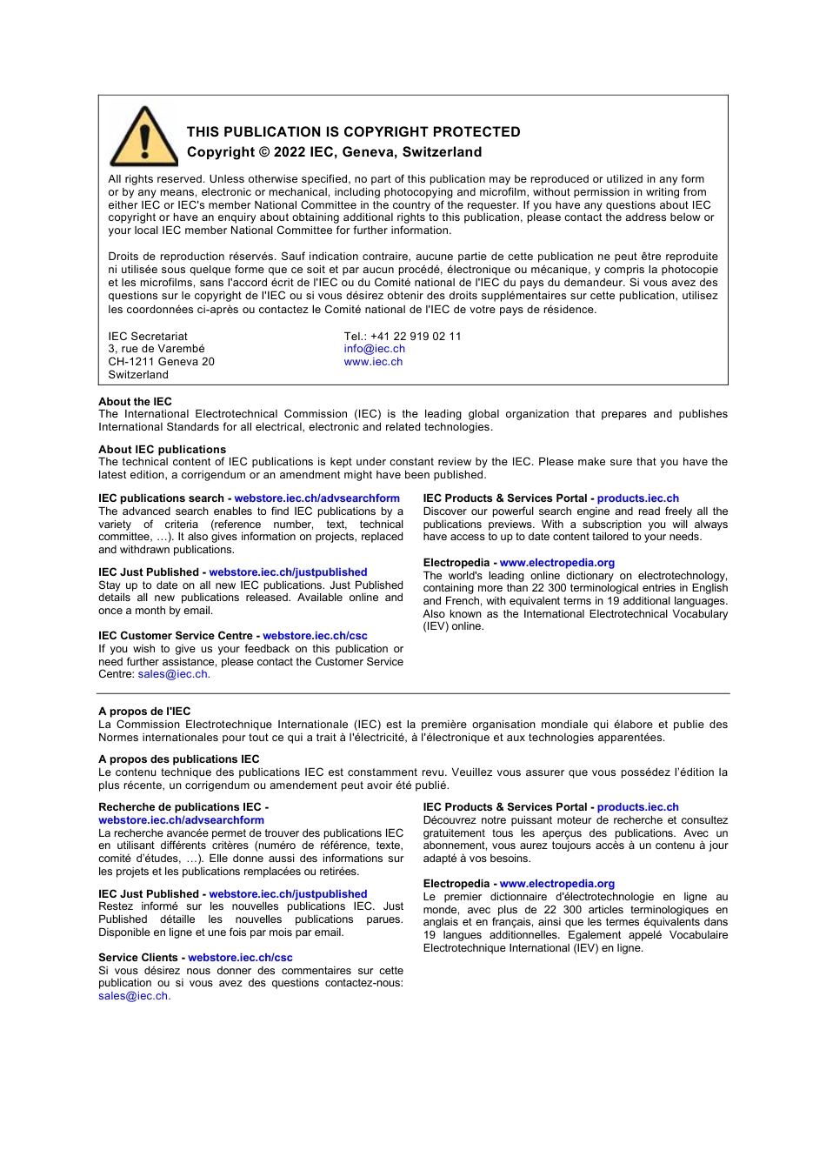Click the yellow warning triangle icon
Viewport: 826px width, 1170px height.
click(x=144, y=138)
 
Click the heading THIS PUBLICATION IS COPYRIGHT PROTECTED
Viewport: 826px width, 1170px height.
click(x=353, y=132)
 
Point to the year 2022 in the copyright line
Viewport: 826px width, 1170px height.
click(x=289, y=152)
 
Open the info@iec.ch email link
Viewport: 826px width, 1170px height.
click(x=374, y=349)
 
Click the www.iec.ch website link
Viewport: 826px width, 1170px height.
click(x=373, y=362)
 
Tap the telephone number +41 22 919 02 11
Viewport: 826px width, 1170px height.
click(x=416, y=337)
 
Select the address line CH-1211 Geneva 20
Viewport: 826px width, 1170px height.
click(x=161, y=362)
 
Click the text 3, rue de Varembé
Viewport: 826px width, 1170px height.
click(x=157, y=349)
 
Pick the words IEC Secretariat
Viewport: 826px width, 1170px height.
click(x=148, y=337)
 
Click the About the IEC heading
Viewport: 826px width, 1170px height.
click(x=135, y=402)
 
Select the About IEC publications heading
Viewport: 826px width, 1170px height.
click(x=162, y=450)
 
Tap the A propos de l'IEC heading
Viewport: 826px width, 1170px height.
click(x=144, y=712)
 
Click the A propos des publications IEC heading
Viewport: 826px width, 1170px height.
click(x=178, y=759)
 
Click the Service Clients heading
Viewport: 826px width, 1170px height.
click(x=138, y=958)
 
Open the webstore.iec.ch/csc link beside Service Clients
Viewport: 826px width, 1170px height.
click(x=240, y=958)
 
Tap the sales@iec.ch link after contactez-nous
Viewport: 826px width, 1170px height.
click(x=133, y=996)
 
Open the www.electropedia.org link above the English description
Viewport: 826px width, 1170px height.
click(x=556, y=563)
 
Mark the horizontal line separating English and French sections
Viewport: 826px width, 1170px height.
click(x=413, y=693)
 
